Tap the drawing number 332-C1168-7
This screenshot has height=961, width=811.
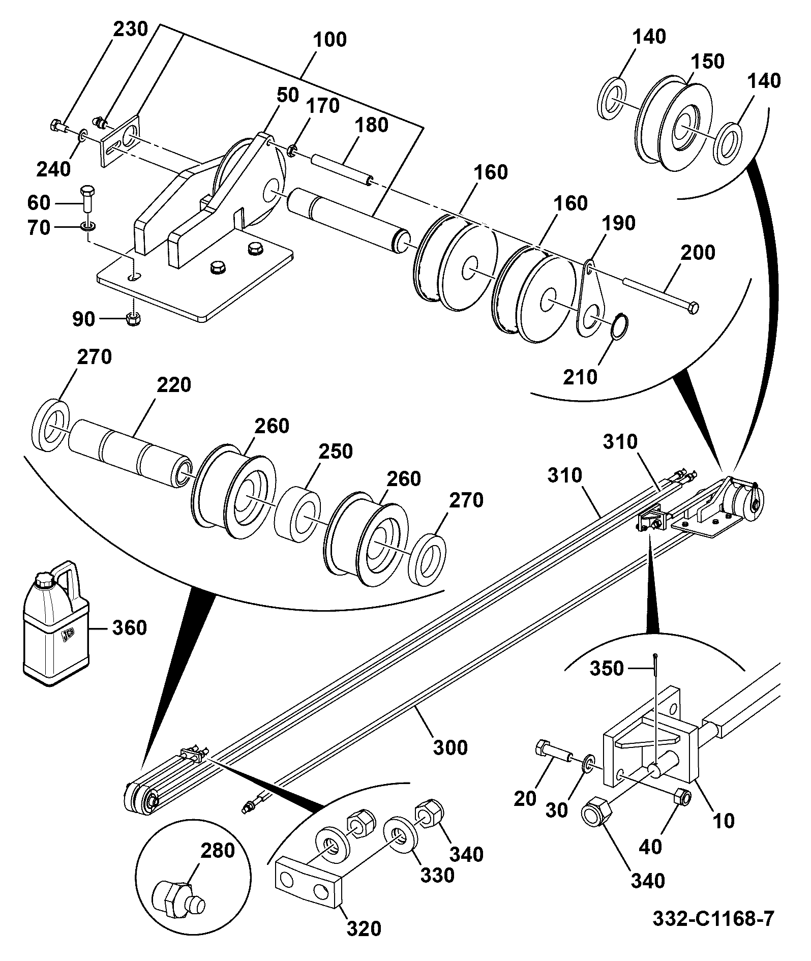713,918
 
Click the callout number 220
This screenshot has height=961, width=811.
174,384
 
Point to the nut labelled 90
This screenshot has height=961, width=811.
133,319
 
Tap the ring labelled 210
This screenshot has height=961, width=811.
619,326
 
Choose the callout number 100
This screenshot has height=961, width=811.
330,39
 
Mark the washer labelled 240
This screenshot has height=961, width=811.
82,136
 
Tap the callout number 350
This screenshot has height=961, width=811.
607,668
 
